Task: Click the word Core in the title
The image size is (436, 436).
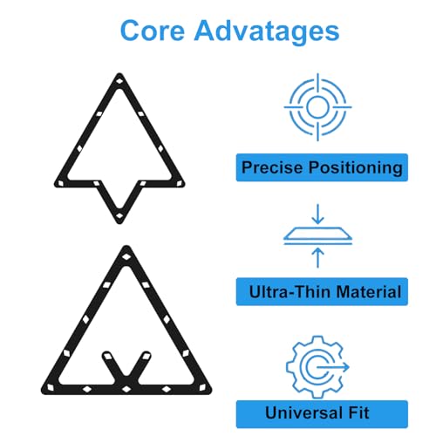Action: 153,31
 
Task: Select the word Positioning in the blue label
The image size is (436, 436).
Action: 355,168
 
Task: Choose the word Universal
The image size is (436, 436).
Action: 304,412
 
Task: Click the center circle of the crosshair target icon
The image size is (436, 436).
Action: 317,107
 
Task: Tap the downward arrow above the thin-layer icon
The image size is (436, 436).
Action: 318,214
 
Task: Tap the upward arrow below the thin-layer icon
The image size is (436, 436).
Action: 318,257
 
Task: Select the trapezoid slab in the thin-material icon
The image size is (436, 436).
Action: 317,233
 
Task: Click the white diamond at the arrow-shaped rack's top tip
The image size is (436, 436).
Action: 119,80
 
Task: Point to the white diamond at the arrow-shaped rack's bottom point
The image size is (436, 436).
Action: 119,216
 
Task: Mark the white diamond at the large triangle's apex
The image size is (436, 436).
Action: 126,256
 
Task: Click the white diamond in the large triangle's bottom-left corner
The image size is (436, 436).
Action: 51,387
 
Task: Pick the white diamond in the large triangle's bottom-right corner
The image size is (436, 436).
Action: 202,387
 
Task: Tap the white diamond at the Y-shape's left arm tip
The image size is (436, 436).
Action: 107,357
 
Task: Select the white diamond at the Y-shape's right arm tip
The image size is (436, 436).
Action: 146,357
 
